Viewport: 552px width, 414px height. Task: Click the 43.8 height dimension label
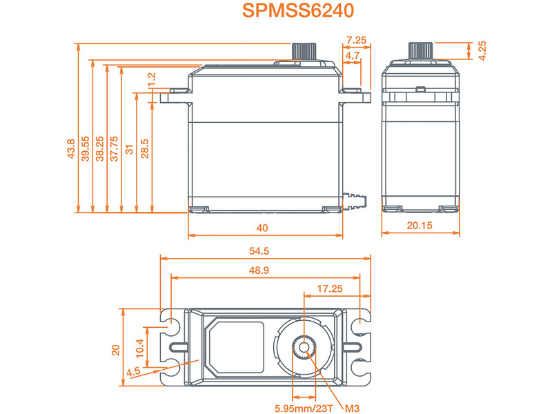point(71,150)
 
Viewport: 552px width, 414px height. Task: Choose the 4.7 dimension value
point(352,55)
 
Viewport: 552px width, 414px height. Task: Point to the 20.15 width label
point(420,226)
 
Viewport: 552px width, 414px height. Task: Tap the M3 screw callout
point(353,406)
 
